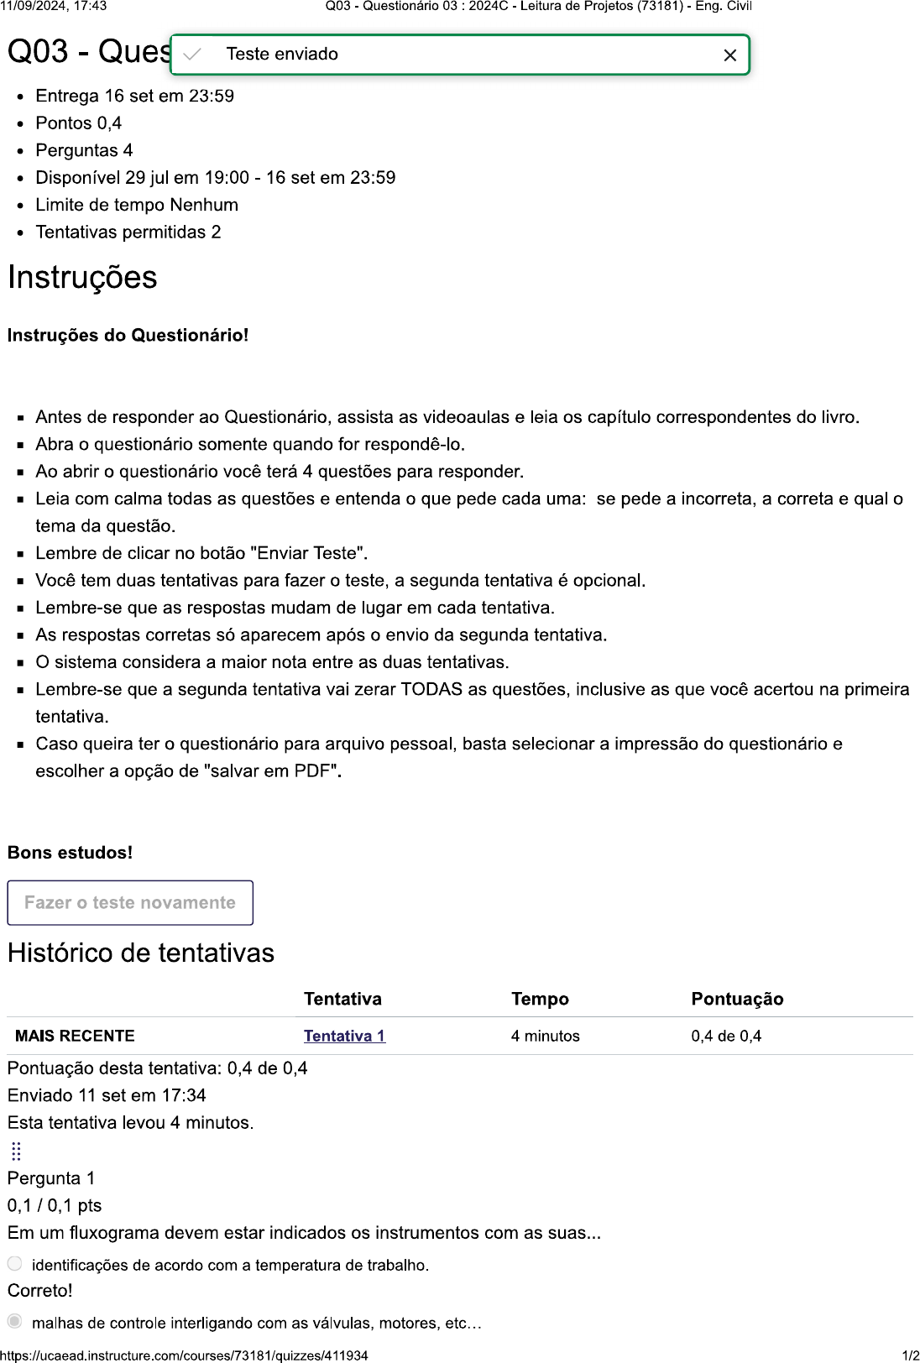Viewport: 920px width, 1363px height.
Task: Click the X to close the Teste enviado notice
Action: (729, 55)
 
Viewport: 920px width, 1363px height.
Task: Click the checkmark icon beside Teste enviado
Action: (192, 55)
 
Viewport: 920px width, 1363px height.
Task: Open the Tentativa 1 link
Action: (344, 1036)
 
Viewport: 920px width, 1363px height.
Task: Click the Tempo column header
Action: (540, 999)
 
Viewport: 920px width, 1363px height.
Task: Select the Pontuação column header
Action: (737, 999)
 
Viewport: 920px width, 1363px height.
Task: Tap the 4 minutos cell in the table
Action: (545, 1036)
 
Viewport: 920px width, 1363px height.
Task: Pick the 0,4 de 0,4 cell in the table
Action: (726, 1036)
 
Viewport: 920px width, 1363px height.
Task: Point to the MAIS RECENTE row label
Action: (75, 1036)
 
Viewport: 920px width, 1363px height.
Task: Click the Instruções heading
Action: (82, 278)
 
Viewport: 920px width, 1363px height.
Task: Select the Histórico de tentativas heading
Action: (141, 953)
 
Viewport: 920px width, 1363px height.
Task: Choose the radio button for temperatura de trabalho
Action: (15, 1264)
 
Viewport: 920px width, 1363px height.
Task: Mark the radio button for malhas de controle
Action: (15, 1322)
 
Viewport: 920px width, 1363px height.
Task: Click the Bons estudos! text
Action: (71, 853)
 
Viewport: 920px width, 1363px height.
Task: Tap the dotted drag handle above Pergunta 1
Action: (16, 1151)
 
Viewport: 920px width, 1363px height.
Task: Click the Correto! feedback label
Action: (40, 1291)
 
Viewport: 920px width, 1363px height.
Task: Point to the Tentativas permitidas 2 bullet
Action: (128, 232)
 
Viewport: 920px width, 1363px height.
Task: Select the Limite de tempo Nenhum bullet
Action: (137, 205)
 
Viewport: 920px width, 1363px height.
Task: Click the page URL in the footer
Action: (184, 1355)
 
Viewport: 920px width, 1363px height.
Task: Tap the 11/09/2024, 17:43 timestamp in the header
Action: (54, 6)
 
